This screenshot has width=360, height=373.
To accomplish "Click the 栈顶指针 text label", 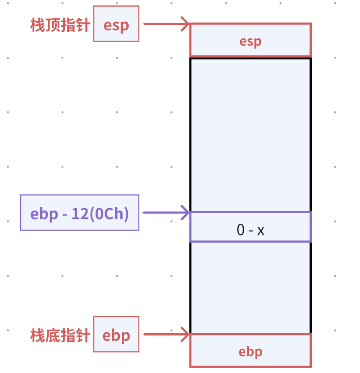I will [x=60, y=25].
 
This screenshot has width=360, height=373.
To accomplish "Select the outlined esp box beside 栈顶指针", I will [x=116, y=24].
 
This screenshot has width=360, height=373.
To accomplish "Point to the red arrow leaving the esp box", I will [x=165, y=24].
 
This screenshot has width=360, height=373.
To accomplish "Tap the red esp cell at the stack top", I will [x=250, y=41].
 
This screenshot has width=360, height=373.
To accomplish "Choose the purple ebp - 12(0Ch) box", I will [x=80, y=213].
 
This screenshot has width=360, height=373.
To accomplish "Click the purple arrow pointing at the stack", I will [x=166, y=213].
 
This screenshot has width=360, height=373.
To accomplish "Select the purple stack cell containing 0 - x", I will [x=250, y=227].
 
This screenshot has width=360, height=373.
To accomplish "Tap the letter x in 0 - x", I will [x=261, y=231].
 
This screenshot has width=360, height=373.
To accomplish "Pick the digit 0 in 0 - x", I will [x=241, y=230].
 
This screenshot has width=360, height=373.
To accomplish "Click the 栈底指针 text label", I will [x=60, y=335].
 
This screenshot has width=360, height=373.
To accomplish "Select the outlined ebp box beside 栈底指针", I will [x=116, y=335].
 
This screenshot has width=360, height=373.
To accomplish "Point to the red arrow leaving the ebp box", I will [x=165, y=334].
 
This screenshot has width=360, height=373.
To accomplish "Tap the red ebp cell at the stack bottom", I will [x=250, y=351].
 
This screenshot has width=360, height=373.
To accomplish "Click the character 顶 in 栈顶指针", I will [x=52, y=25].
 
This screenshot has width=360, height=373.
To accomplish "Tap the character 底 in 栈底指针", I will [x=52, y=335].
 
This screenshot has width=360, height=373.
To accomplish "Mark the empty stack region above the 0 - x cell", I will [x=250, y=134].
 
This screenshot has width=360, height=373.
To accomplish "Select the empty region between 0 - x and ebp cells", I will [x=250, y=287].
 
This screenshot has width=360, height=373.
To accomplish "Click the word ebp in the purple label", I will [x=45, y=214].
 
